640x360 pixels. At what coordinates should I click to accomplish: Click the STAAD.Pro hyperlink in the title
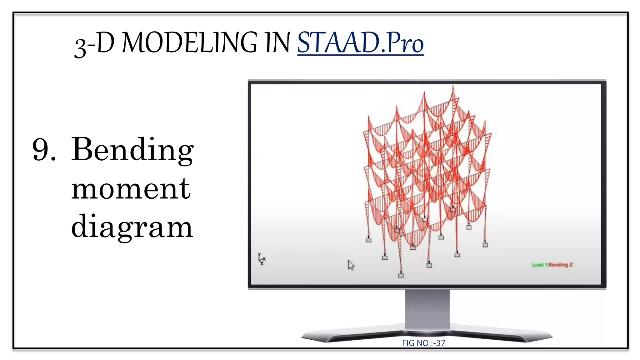(x=360, y=43)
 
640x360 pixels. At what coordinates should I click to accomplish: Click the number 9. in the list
(x=44, y=150)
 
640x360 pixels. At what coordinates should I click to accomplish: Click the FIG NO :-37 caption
(x=423, y=343)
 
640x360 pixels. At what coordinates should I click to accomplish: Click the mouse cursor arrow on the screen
(x=351, y=265)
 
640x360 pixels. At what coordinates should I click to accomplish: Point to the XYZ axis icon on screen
(x=262, y=259)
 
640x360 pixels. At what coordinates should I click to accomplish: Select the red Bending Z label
(x=561, y=265)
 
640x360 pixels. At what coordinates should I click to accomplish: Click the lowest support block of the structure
(x=401, y=275)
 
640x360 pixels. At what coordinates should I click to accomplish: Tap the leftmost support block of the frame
(x=368, y=240)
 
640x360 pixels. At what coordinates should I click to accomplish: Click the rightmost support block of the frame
(x=485, y=245)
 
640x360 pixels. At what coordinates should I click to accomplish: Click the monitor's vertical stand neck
(x=427, y=309)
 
